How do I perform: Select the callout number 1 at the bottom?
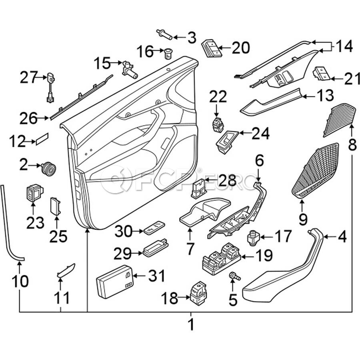191,324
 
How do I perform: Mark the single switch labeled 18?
198,294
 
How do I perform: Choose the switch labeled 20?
210,49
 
